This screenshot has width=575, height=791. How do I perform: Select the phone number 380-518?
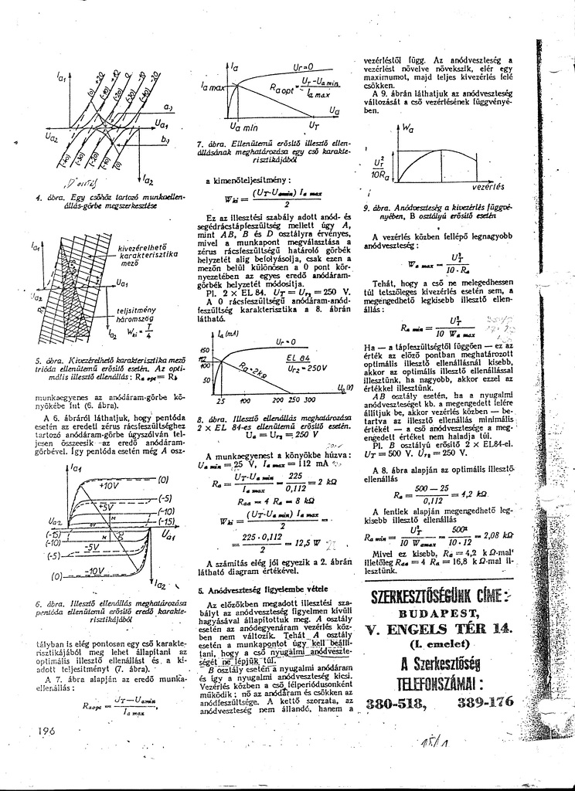(393, 703)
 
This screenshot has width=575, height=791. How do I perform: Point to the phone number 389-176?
(485, 702)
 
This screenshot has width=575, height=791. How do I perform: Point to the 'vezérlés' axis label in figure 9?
(489, 186)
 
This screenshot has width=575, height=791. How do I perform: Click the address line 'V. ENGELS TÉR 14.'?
(438, 629)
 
